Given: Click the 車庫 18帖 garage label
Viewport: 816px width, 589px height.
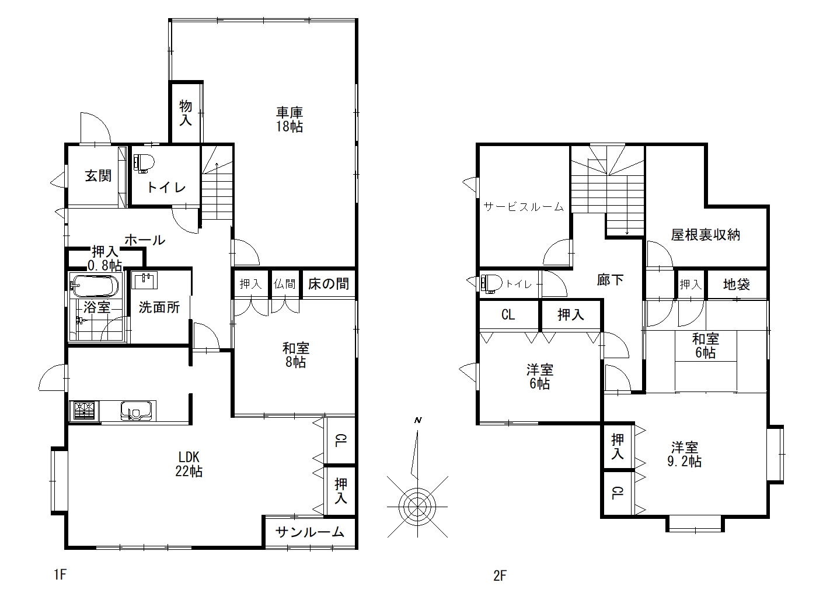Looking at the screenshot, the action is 290,119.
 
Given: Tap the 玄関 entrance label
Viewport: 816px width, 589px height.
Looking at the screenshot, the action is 98,176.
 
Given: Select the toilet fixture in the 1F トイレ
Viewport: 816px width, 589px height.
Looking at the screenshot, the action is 144,162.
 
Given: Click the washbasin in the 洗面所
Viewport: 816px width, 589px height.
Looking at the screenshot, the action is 144,280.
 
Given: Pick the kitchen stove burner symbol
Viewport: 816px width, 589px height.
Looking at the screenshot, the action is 84,411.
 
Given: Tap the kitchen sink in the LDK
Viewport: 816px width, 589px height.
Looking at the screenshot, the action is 136,411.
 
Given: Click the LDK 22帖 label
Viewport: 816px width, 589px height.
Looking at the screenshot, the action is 189,464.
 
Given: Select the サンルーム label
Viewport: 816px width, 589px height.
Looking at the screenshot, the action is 309,532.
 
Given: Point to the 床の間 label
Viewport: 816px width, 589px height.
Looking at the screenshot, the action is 328,284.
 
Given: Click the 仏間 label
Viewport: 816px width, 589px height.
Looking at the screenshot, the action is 284,284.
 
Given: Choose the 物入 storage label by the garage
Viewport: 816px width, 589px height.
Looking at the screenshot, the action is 186,113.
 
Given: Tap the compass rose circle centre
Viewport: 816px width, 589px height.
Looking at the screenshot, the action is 417,506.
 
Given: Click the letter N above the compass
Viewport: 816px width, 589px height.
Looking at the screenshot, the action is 418,420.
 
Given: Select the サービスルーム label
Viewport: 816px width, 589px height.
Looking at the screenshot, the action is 524,207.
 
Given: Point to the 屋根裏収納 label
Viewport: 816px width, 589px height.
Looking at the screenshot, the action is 705,235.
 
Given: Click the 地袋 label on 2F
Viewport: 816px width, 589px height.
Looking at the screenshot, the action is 736,284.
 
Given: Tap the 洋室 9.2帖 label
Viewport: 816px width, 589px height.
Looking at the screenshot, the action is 685,454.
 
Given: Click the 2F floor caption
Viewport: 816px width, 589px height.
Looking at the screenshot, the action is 500,576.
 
